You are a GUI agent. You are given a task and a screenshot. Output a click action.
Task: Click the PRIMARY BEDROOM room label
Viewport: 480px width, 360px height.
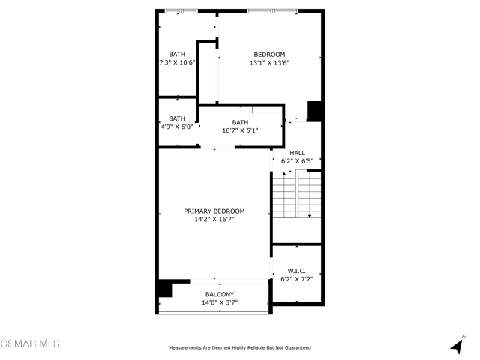tap(214, 211)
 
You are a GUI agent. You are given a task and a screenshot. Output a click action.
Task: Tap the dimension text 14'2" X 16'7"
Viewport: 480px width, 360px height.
tap(214, 219)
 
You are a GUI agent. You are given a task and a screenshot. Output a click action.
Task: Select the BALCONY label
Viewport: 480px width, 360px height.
tap(220, 294)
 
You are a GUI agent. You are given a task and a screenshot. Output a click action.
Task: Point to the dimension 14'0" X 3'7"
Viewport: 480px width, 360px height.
tap(220, 302)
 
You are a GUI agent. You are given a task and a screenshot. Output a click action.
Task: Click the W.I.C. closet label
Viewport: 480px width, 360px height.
tap(297, 271)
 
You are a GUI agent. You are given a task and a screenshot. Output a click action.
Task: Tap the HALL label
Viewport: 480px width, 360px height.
tap(297, 153)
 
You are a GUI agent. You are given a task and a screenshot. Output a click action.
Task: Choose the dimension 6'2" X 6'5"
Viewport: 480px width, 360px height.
tap(297, 161)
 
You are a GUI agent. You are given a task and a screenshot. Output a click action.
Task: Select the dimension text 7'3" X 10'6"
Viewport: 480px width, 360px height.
tap(177, 63)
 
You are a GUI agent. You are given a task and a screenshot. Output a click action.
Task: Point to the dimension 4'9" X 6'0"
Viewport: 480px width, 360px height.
tap(177, 127)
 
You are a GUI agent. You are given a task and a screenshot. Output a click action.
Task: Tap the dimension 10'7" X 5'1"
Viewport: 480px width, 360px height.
tap(240, 130)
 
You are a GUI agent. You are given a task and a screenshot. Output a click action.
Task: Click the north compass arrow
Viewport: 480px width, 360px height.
tap(457, 345)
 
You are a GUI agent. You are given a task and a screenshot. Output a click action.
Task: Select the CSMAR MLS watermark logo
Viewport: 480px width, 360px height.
tap(30, 343)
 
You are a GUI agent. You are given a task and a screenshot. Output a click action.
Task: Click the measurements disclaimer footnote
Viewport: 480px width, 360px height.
tap(240, 348)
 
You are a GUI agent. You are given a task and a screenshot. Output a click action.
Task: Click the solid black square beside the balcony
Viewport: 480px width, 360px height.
tap(165, 288)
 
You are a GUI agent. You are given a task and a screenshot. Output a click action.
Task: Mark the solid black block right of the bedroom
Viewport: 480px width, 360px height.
tap(314, 111)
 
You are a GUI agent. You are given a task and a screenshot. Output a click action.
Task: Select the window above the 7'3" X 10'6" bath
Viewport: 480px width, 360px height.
tap(181, 11)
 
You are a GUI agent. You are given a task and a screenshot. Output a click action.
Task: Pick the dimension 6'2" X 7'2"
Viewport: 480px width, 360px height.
tap(297, 279)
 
